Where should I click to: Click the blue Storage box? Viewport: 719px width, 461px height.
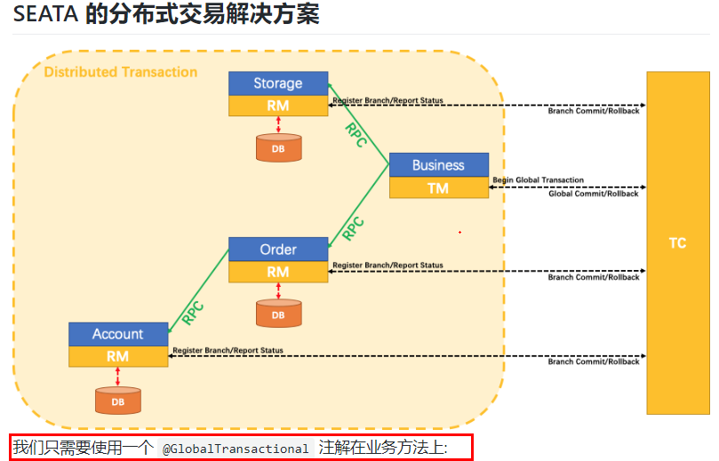278,83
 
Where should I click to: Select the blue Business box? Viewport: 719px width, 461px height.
438,165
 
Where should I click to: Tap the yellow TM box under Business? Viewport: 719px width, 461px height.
438,187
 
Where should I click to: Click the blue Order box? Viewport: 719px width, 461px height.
278,250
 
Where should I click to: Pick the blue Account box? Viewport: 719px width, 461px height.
118,334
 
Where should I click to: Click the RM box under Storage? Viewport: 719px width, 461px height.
278,106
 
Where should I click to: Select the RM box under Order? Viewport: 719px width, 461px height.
278,272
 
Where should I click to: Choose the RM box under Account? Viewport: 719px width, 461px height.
118,356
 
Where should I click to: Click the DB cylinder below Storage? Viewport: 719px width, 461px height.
278,147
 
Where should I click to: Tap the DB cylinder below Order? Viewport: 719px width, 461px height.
278,314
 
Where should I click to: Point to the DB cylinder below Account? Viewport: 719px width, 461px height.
118,401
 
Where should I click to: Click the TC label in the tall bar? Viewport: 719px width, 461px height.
677,242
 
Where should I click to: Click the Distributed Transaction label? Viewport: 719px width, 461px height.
121,72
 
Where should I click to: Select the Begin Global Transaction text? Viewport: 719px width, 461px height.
538,180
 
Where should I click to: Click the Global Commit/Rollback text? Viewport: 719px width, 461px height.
593,194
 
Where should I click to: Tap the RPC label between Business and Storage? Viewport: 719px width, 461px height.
356,134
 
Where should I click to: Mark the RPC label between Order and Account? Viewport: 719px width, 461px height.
193,312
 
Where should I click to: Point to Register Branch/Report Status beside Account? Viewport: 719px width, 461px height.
228,350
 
